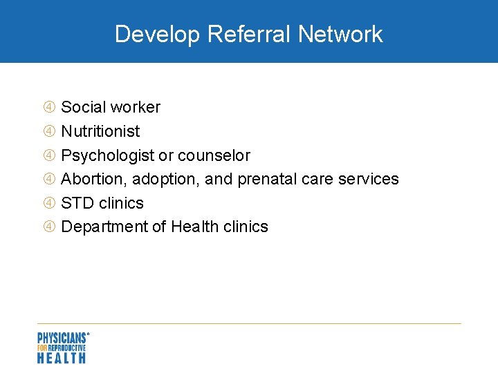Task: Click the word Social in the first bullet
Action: click(x=83, y=107)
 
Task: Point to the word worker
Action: click(x=135, y=107)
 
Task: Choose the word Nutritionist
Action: click(x=100, y=131)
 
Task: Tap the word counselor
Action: click(x=214, y=155)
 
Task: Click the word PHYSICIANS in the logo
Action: click(x=62, y=338)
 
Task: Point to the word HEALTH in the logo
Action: click(x=62, y=357)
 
